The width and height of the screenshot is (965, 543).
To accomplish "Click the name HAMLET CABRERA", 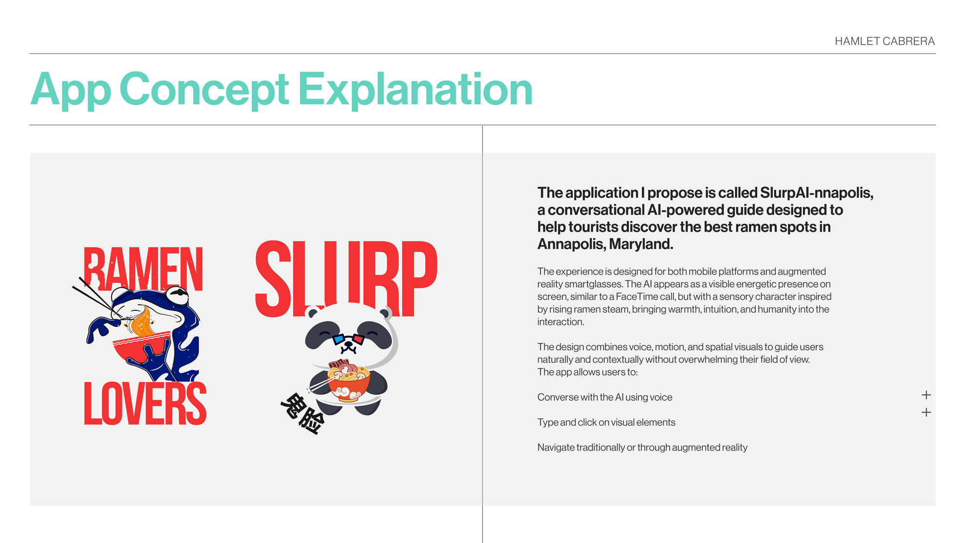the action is point(885,41).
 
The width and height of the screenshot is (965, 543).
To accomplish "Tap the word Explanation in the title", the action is point(415,89).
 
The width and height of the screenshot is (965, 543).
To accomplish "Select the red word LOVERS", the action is point(145,403).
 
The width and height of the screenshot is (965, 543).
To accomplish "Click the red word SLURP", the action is point(347,278).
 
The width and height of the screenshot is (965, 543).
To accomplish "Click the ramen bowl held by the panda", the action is point(349,382).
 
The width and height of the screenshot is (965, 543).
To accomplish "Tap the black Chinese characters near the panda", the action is point(303,414).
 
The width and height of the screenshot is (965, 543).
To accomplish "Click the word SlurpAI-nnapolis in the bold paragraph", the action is point(816,193).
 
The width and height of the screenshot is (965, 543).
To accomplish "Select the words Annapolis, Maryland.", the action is point(605,244).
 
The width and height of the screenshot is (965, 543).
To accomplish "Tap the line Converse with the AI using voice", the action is point(605,397).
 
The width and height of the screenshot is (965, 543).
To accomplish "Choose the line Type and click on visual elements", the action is point(606,423).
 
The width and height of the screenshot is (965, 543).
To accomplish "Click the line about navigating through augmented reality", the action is point(642,447).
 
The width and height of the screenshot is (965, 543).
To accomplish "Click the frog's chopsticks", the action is point(97,297).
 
